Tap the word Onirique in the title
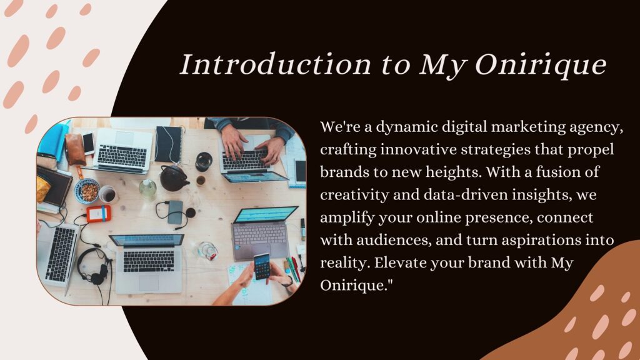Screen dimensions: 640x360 (x=541, y=65)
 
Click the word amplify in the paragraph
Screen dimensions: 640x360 (x=347, y=217)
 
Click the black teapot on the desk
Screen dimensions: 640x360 (x=174, y=178)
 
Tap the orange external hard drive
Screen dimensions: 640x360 (x=98, y=214)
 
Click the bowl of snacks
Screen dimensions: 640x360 (x=87, y=191)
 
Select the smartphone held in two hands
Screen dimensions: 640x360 (x=262, y=266)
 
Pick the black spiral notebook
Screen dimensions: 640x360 (x=169, y=144)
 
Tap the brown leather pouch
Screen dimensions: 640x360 (x=76, y=149)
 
